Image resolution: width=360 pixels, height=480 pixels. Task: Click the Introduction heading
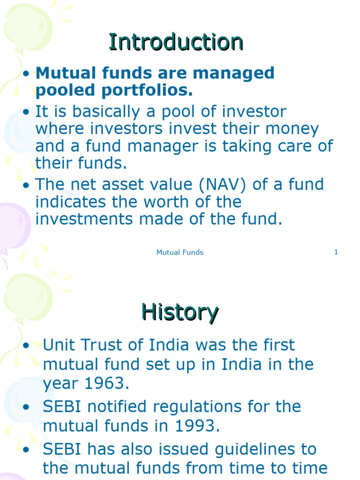176,42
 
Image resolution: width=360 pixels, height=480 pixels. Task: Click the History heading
180,312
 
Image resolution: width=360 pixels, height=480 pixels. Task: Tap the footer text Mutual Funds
180,252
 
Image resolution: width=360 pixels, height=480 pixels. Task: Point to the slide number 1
336,252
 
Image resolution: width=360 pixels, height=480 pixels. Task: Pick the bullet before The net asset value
27,185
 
